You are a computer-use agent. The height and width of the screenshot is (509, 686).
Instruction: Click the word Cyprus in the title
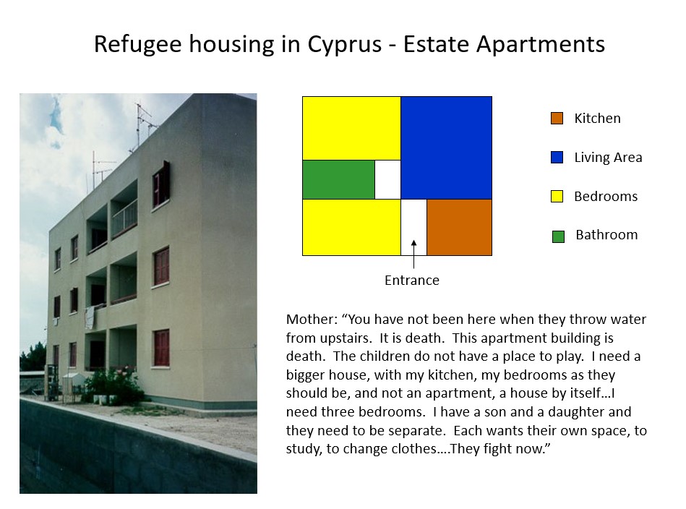pyautogui.click(x=344, y=45)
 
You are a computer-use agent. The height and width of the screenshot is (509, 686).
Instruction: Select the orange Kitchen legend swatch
pyautogui.click(x=557, y=118)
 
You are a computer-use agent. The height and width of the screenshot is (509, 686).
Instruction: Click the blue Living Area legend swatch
pyautogui.click(x=557, y=157)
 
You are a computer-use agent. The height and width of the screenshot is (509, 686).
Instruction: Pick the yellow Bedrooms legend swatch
pyautogui.click(x=557, y=196)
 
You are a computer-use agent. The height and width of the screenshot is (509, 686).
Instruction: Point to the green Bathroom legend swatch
pyautogui.click(x=558, y=236)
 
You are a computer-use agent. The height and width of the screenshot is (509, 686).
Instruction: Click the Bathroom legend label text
pyautogui.click(x=606, y=235)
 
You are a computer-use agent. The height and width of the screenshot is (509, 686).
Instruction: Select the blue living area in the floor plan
pyautogui.click(x=446, y=148)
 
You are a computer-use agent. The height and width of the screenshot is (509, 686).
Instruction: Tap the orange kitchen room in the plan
pyautogui.click(x=459, y=227)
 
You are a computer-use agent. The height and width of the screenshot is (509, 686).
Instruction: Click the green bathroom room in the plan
pyautogui.click(x=338, y=179)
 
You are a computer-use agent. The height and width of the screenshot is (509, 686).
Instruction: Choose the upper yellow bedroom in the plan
pyautogui.click(x=351, y=128)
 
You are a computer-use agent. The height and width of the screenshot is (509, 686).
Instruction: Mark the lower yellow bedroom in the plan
pyautogui.click(x=351, y=227)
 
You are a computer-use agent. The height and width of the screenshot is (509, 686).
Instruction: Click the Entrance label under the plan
pyautogui.click(x=412, y=280)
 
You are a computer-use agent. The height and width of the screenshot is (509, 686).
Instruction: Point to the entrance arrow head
pyautogui.click(x=414, y=243)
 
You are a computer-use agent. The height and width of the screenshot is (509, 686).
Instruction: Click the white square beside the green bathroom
pyautogui.click(x=387, y=179)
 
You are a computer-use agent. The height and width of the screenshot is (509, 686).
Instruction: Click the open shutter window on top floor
pyautogui.click(x=161, y=184)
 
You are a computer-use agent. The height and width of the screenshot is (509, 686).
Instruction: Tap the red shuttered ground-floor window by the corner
pyautogui.click(x=161, y=348)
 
